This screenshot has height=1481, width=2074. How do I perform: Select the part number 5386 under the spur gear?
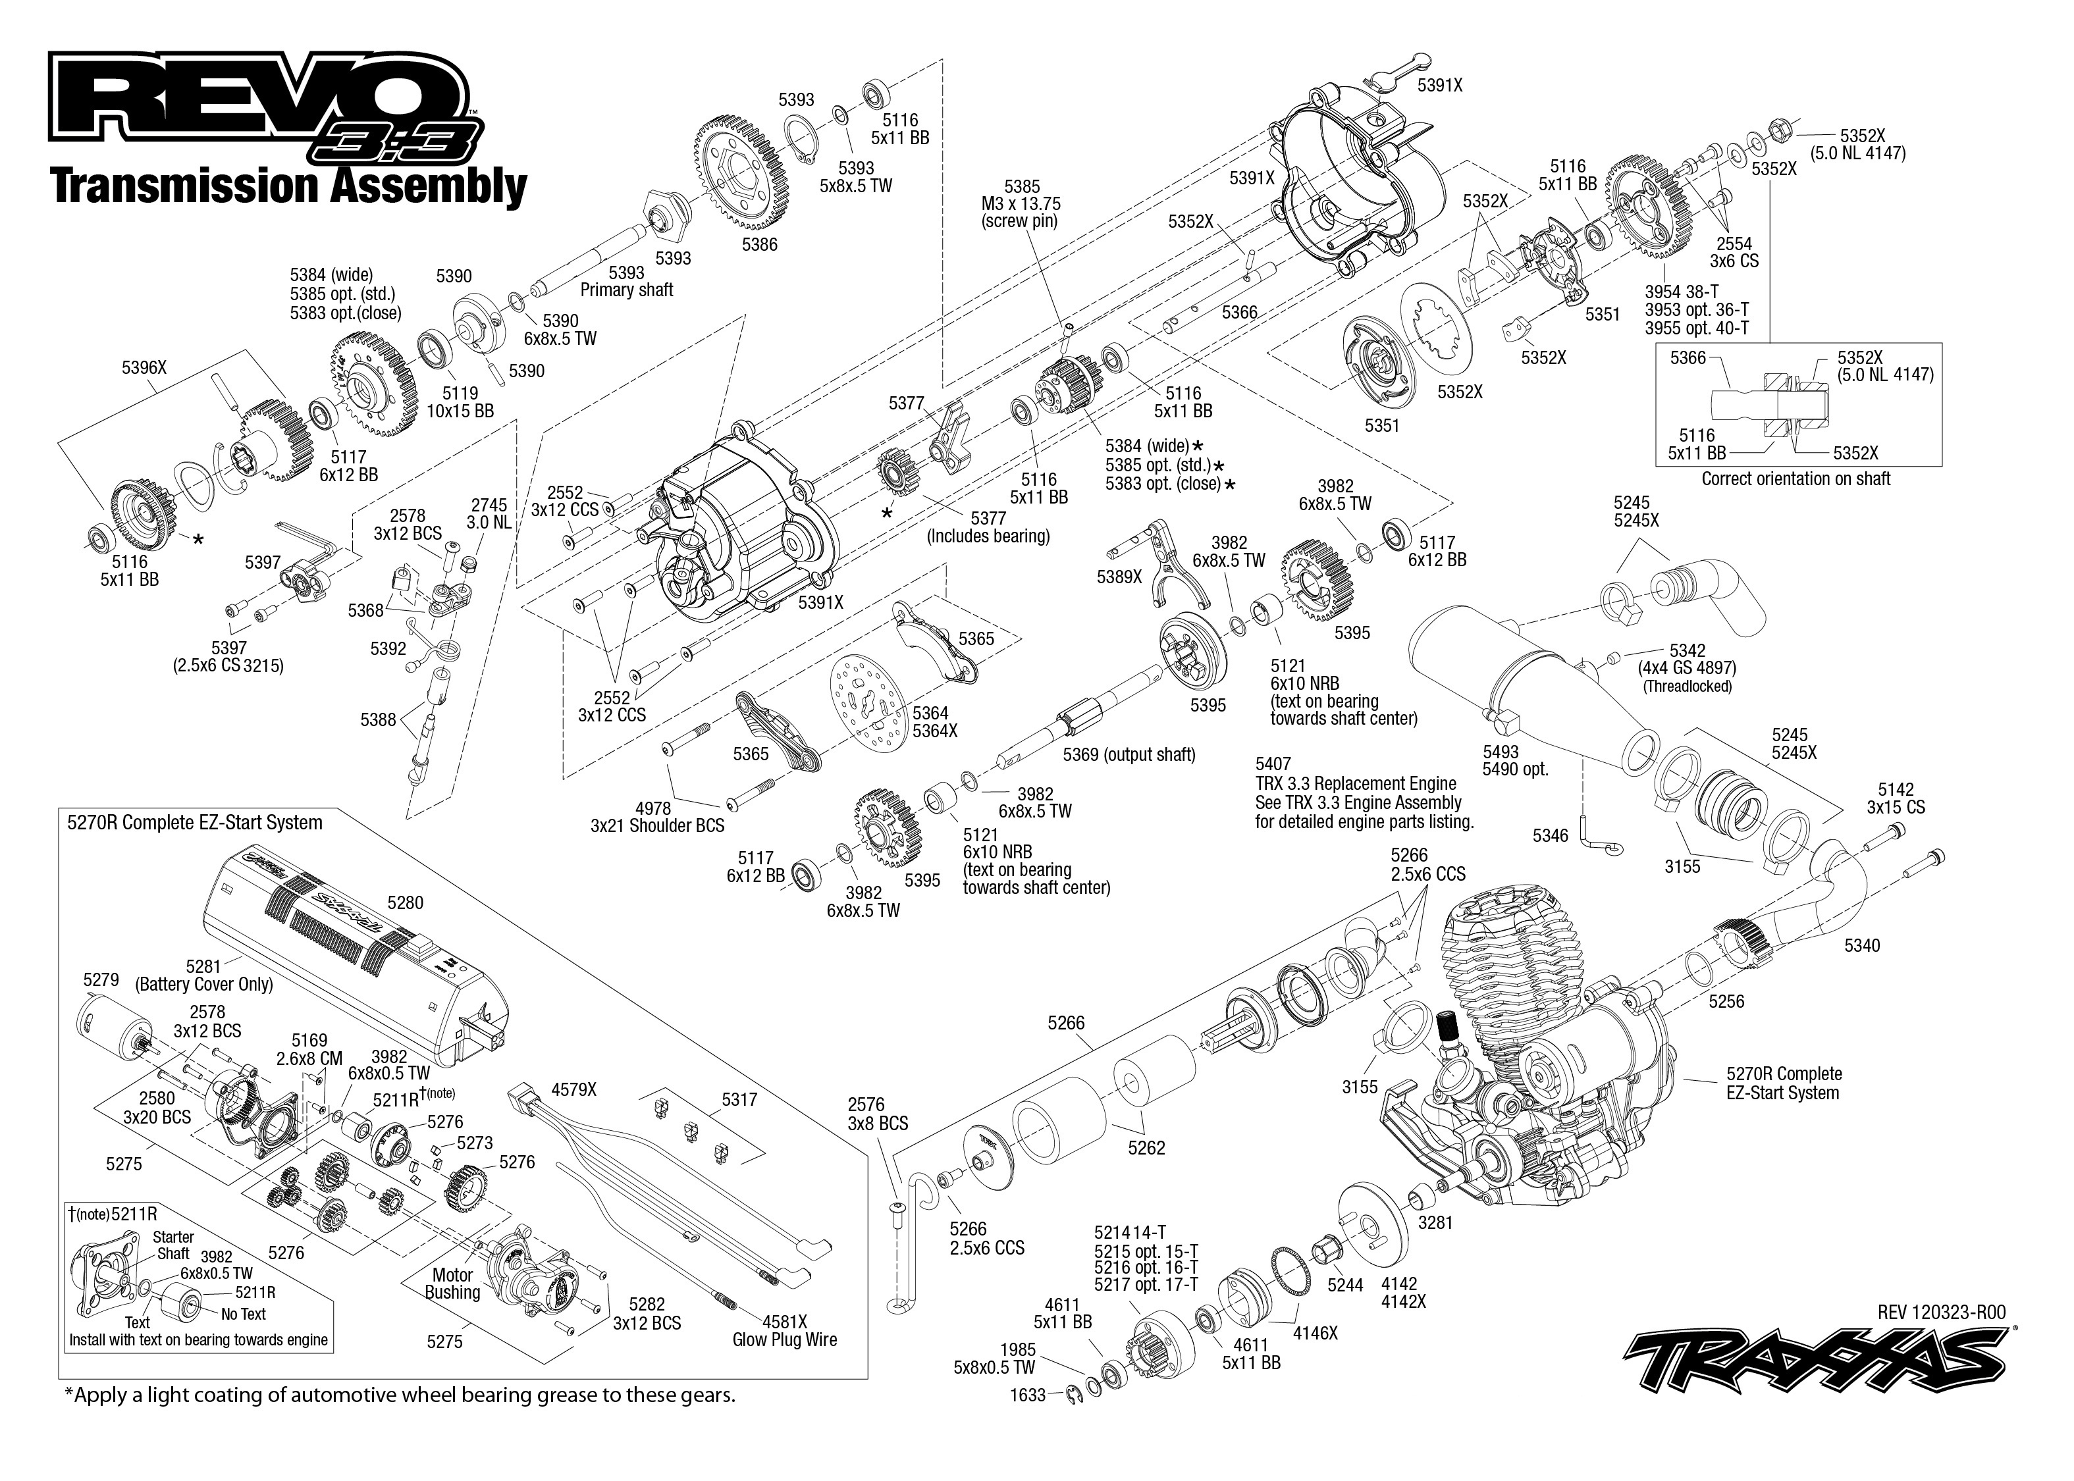click(759, 244)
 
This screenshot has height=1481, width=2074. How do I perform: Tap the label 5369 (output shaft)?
click(1129, 754)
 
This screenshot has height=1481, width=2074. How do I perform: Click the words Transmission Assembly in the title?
click(289, 186)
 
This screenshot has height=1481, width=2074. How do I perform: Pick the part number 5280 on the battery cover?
click(405, 903)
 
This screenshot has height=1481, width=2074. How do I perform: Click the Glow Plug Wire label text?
click(784, 1339)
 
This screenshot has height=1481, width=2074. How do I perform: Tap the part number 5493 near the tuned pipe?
click(1501, 752)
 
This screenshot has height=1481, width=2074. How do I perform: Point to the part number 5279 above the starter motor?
click(100, 980)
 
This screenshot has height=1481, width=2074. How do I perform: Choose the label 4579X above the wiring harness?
click(573, 1090)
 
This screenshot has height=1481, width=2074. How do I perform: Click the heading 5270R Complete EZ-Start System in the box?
click(194, 823)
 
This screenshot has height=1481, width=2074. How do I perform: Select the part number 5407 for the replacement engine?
click(1273, 764)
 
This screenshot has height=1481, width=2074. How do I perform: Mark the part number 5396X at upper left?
click(144, 367)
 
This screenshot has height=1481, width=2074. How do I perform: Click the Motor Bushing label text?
click(452, 1283)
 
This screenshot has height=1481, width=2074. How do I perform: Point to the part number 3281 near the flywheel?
click(1435, 1223)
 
